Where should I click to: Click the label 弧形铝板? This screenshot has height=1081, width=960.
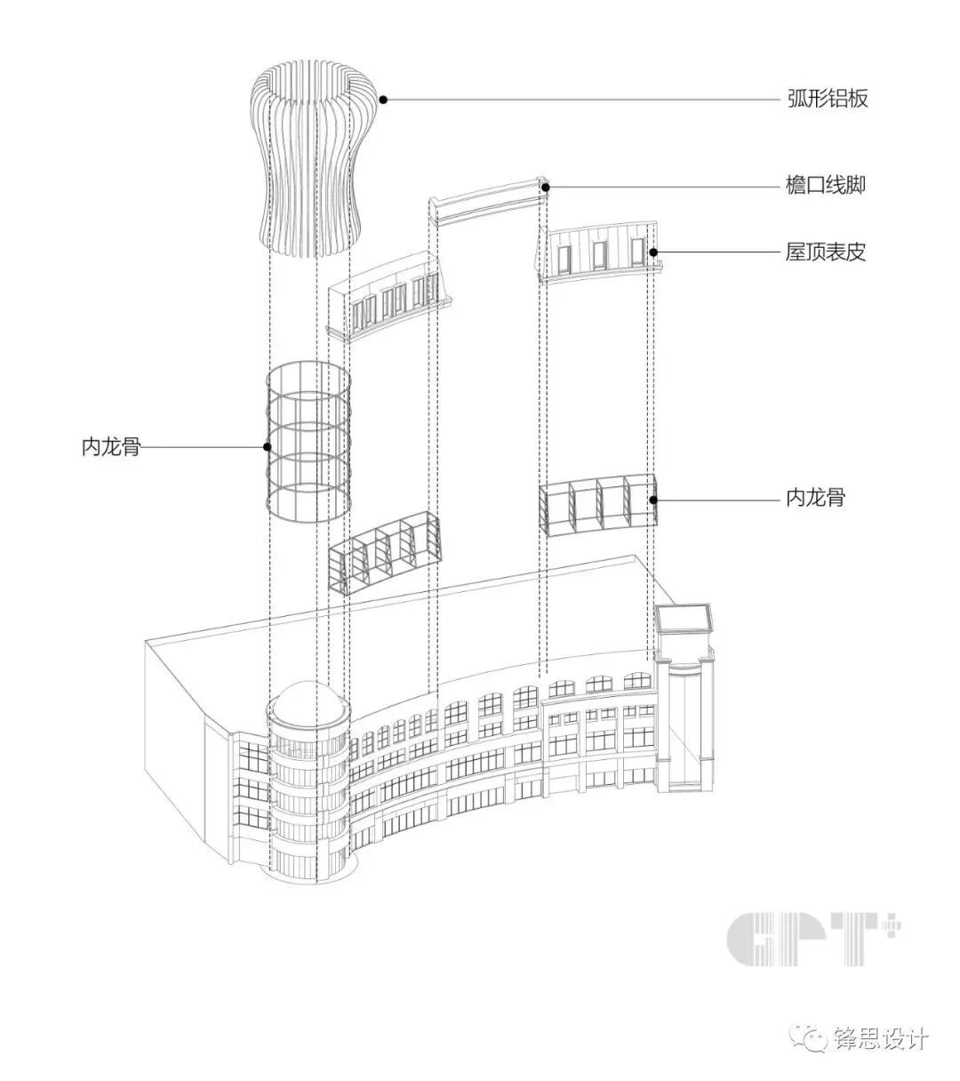pos(827,99)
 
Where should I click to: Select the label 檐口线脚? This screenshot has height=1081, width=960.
pos(826,186)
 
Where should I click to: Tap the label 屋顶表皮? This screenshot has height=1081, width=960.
pos(826,252)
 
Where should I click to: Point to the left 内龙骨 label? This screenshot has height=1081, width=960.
pos(111,447)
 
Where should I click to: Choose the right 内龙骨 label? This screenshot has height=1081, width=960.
pos(815,498)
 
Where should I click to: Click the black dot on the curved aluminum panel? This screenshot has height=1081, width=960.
pos(383,100)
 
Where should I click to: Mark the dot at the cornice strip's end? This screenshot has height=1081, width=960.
pos(547,187)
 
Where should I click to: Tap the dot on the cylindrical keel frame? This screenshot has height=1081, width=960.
pos(266,447)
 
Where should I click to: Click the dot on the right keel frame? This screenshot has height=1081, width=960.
pos(654,499)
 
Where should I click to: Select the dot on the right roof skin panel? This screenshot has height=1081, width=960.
pos(653,252)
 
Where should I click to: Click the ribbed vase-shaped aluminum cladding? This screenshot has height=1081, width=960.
pos(311,160)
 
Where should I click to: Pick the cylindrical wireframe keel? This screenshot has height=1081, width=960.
pos(309,442)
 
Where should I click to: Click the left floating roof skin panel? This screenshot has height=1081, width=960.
pos(391,297)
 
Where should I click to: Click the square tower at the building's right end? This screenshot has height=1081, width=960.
pos(685,702)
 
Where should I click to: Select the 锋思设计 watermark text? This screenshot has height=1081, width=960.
pos(881,1038)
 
